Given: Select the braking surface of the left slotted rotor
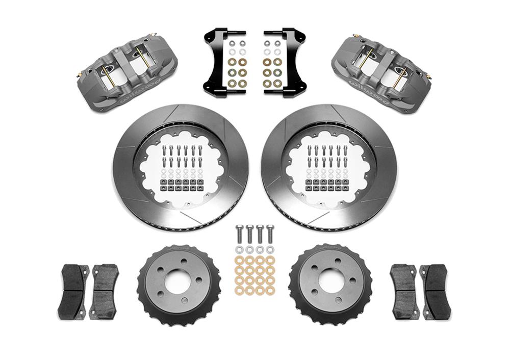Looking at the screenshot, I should (127, 168).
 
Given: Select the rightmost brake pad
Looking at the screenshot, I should (436, 291).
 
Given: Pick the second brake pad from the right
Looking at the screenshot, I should (405, 291).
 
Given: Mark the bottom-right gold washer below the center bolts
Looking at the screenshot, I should (270, 291).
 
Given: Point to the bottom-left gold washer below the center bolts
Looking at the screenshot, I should (239, 291).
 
